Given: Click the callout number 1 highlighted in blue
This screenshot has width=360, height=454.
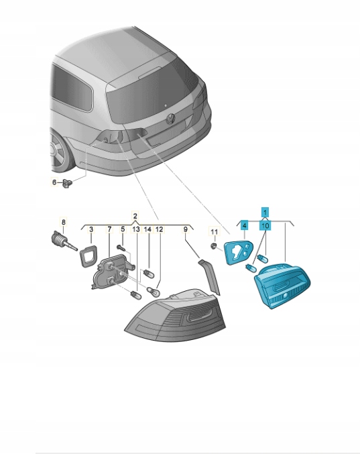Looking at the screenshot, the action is [265, 212].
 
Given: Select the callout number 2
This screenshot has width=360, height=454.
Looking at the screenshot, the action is [135, 216].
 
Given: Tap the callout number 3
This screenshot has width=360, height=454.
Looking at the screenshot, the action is [91, 229].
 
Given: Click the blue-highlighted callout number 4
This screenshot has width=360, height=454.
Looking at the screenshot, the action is [245, 225].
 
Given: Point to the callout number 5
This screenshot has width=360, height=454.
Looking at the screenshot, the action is [123, 229].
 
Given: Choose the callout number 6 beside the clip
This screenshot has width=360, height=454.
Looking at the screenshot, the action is [54, 182].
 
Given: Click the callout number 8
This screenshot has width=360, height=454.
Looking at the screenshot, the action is [64, 222].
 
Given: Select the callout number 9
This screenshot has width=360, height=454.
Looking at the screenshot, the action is [186, 229].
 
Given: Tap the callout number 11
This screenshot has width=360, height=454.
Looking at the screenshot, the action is [214, 231].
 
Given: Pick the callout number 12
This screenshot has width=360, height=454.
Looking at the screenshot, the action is [159, 229].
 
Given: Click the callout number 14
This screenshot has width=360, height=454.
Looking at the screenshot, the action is [147, 229].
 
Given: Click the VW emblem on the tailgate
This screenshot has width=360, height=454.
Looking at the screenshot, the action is [171, 119].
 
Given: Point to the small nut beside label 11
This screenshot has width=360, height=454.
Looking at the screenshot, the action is [213, 246].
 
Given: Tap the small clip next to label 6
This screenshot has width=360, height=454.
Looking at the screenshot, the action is [67, 183].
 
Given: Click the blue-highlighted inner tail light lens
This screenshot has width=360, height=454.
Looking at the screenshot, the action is [282, 284].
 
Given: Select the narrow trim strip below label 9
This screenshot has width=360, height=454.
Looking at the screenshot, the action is [210, 277].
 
